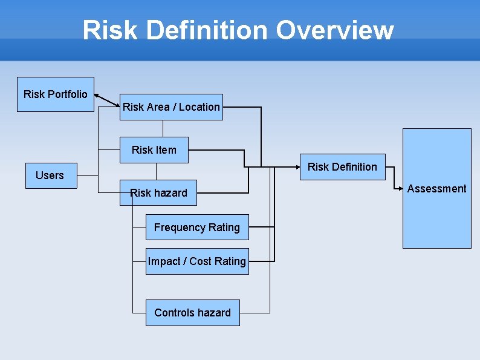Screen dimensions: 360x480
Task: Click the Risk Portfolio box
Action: click(56, 94)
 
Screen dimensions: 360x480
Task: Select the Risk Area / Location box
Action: click(171, 107)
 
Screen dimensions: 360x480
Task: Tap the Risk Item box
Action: click(154, 150)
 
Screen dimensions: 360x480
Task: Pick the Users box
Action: click(51, 175)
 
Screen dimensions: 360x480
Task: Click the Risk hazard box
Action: click(158, 192)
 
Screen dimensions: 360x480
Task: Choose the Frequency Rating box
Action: click(197, 227)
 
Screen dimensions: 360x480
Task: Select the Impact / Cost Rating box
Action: click(197, 261)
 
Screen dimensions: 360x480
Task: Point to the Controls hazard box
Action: click(192, 313)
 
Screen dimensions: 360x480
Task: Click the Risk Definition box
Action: click(342, 167)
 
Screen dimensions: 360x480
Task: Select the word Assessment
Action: click(436, 189)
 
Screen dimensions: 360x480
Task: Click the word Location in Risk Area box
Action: click(199, 107)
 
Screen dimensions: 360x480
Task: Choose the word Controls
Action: click(174, 313)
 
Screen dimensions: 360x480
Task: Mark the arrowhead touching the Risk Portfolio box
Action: click(97, 95)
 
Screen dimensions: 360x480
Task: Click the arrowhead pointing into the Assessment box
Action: click(400, 189)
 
